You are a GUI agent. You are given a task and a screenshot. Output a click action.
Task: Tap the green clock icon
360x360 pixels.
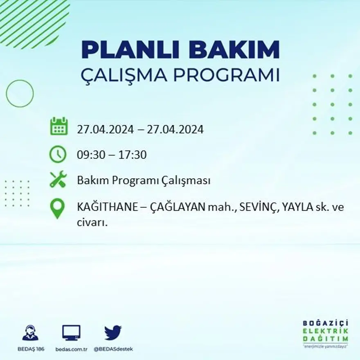tap(58, 154)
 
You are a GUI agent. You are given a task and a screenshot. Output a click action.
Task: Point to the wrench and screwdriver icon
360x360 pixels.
tap(58, 179)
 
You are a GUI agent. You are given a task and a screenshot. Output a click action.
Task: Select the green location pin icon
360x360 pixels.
tap(58, 208)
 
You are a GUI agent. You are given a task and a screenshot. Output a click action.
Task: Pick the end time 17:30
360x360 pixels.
tap(133, 155)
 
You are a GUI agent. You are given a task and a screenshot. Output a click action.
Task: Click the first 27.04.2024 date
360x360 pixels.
tap(105, 130)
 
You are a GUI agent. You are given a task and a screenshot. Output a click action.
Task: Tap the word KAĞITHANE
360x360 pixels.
tap(107, 207)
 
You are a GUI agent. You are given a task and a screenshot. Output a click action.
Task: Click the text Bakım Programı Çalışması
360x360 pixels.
tap(144, 180)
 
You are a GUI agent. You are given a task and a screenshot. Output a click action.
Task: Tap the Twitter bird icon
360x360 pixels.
tap(113, 333)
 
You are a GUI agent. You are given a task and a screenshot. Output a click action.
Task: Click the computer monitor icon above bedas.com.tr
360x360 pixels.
tap(71, 333)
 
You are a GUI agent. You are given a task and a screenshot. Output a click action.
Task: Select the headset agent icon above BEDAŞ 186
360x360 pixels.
tap(30, 333)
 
